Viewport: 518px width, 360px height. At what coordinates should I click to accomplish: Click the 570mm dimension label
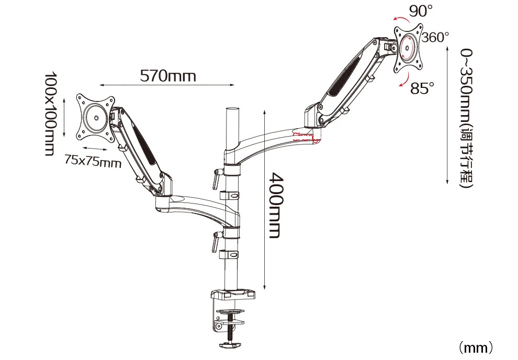click(x=167, y=76)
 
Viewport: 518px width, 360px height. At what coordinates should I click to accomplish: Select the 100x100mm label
click(x=50, y=114)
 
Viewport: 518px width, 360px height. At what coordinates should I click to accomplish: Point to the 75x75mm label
click(x=93, y=161)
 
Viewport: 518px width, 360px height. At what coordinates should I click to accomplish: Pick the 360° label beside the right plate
click(x=435, y=38)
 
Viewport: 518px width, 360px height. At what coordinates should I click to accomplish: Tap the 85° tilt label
click(x=422, y=89)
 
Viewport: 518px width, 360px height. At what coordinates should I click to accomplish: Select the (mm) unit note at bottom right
click(x=476, y=347)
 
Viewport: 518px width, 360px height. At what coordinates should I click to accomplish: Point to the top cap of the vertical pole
click(x=231, y=111)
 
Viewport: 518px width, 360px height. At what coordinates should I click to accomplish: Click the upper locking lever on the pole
click(x=215, y=178)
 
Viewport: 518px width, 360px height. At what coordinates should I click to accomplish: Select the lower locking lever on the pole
click(x=215, y=242)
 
